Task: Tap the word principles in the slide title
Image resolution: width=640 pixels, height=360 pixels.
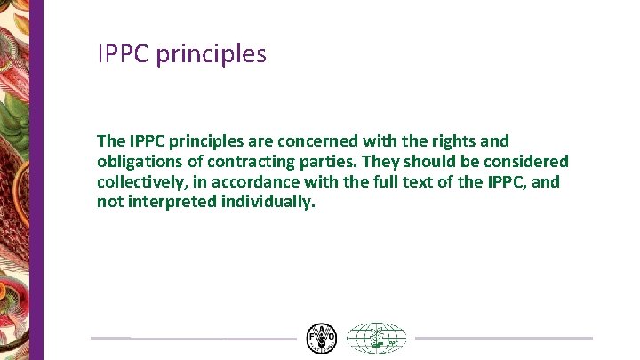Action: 211,55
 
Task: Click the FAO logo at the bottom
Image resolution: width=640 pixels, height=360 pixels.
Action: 321,338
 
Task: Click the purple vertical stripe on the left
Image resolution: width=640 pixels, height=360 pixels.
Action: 37,178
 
